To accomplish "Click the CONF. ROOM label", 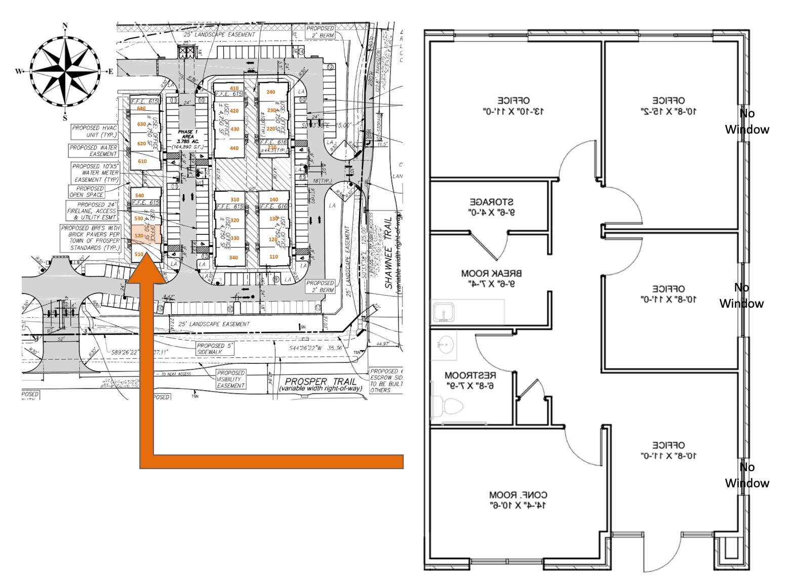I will click(518, 494).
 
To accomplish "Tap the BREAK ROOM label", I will click(491, 273).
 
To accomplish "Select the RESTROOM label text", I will click(470, 375).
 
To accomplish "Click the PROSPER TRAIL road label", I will click(321, 381).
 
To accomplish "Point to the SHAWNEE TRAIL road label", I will click(389, 253).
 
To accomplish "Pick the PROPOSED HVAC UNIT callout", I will click(94, 131).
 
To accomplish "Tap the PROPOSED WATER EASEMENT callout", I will click(94, 151).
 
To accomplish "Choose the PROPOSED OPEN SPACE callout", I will click(87, 191).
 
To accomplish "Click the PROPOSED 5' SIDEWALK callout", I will click(215, 349).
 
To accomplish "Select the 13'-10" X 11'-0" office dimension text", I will click(513, 111).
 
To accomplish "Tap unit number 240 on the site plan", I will click(271, 92).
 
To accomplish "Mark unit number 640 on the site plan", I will click(141, 108).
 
